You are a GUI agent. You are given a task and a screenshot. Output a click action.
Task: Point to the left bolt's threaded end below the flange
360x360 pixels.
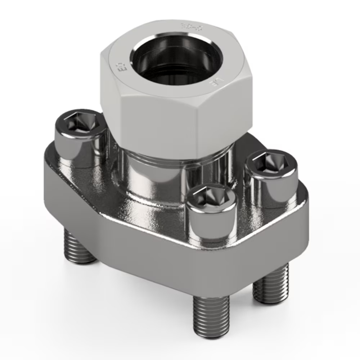[80, 247]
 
